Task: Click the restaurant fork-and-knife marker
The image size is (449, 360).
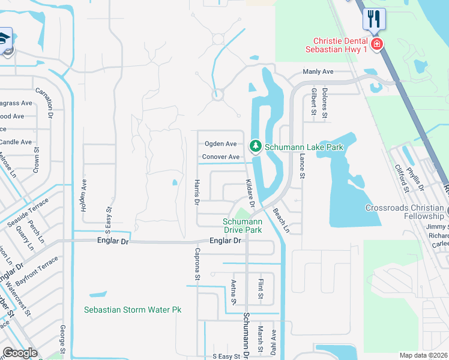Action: (375, 19)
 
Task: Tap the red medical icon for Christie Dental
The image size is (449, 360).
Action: (377, 44)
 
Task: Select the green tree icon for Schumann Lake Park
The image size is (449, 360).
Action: (256, 146)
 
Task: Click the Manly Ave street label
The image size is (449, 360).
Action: (318, 71)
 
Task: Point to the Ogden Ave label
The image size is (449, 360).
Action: (220, 144)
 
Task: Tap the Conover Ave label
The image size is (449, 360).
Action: (220, 157)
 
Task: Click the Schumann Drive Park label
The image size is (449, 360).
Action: (243, 225)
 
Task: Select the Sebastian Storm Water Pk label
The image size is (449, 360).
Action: (133, 310)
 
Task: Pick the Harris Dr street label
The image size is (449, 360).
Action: (196, 191)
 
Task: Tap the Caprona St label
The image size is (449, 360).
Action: (197, 264)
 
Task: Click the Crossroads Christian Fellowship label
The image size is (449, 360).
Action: (405, 212)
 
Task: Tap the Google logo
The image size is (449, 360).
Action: (20, 353)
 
